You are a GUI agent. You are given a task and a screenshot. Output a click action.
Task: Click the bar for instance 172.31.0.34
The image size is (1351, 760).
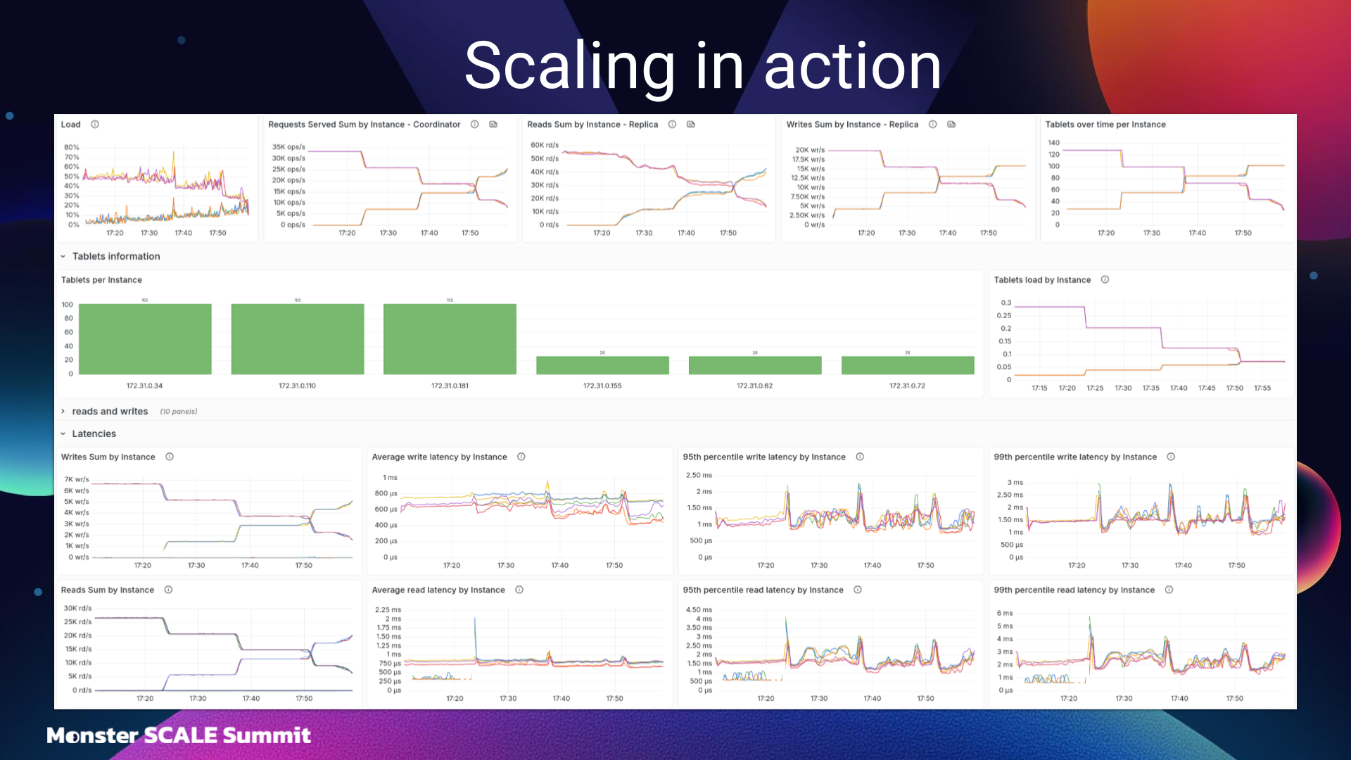(145, 338)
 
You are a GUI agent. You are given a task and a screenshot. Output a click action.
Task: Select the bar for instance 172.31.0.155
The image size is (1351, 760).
(602, 365)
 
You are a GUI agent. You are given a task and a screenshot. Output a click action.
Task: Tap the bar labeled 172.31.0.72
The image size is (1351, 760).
(908, 365)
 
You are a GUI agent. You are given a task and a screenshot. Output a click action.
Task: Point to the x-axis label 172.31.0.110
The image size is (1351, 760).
(297, 386)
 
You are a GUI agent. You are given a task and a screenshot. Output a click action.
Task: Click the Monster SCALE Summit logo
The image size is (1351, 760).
(179, 735)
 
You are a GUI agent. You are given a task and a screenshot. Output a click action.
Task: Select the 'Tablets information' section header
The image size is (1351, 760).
(116, 256)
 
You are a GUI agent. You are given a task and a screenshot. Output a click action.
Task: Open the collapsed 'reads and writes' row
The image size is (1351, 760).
(110, 412)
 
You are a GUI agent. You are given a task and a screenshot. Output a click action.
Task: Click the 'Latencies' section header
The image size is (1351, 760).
(94, 433)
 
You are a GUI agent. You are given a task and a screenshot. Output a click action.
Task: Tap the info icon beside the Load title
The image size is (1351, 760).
(95, 125)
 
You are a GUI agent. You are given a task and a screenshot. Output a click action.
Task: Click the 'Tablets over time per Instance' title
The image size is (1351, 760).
(1105, 125)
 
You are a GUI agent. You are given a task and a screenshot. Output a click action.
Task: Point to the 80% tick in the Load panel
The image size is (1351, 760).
(72, 147)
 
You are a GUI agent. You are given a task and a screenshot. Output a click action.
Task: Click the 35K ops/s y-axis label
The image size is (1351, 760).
(288, 147)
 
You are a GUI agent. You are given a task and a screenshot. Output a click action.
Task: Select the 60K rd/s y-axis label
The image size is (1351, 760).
(545, 145)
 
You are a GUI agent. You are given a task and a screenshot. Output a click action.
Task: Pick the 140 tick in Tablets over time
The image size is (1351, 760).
(1053, 143)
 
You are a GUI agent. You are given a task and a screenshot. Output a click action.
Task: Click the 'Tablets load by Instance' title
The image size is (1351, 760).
(1042, 280)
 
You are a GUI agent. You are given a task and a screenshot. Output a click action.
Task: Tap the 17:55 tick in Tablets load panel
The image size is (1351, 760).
(1262, 388)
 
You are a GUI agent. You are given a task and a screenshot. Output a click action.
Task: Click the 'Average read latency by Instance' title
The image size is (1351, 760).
(438, 590)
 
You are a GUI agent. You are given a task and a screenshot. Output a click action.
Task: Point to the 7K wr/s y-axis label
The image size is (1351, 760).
(77, 479)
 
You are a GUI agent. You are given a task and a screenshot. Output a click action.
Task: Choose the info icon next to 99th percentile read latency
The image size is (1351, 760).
(1169, 590)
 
